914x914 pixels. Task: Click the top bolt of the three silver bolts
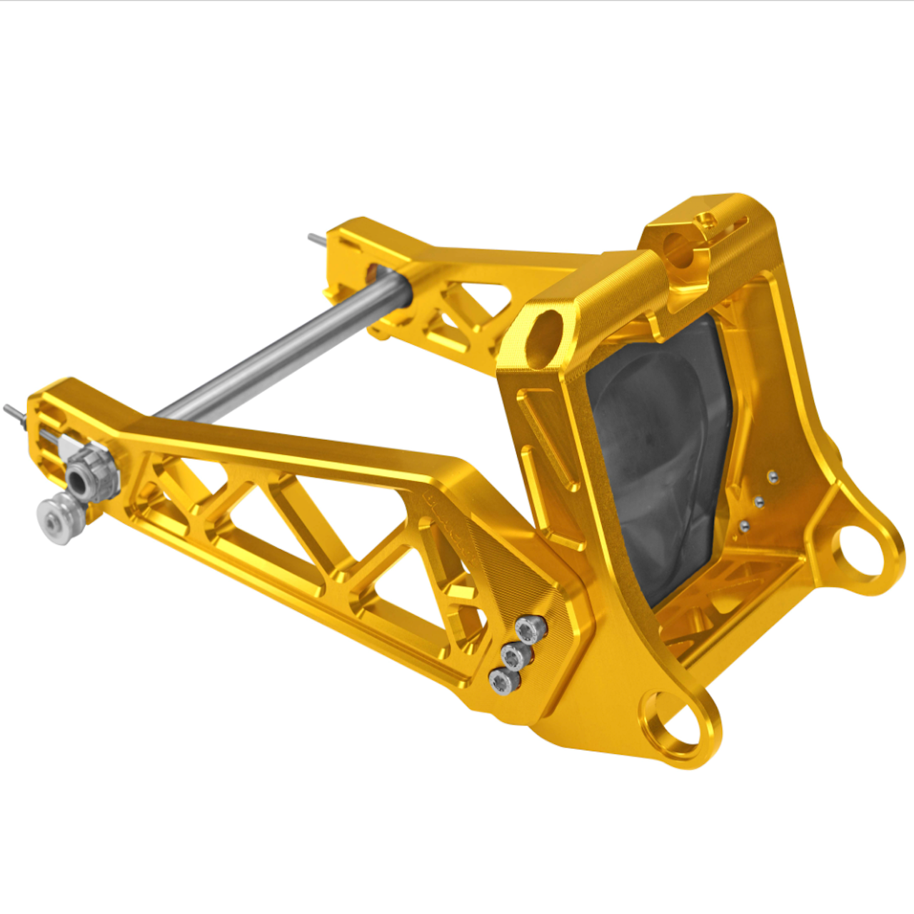coord(531,629)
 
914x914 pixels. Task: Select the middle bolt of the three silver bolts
coord(516,656)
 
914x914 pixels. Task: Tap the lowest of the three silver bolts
coord(503,681)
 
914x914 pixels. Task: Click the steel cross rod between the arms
coord(278,350)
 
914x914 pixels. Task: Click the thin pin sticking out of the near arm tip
coord(14,413)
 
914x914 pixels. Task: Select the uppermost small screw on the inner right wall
coord(773,476)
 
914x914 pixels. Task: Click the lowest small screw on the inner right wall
coord(744,527)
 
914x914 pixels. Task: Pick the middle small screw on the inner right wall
coord(758,502)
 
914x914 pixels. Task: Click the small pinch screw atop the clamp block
coord(706,221)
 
